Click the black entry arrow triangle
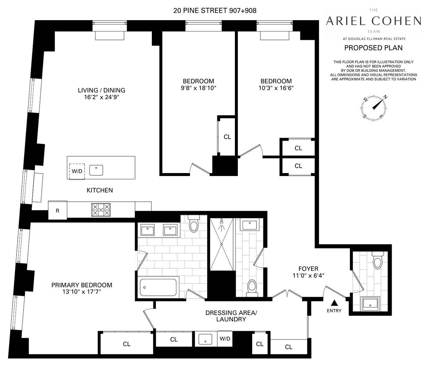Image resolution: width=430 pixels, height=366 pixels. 334,303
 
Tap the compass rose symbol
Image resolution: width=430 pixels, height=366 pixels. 373,107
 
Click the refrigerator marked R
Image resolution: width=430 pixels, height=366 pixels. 57,210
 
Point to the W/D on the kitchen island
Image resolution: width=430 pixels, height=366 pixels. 77,171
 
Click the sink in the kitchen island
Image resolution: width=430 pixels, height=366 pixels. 96,170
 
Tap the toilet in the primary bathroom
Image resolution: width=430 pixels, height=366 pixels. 194,224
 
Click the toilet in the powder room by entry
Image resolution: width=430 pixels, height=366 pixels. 377,261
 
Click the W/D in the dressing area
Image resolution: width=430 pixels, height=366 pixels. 225,339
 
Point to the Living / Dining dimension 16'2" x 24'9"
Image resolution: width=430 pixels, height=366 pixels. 101,98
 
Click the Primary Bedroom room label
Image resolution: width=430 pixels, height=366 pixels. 82,285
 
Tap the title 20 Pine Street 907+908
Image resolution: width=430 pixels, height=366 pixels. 215,11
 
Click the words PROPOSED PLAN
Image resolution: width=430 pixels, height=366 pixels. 373,48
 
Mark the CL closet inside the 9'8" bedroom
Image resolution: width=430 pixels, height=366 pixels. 227,137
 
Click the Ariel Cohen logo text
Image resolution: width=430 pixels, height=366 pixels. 373,21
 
